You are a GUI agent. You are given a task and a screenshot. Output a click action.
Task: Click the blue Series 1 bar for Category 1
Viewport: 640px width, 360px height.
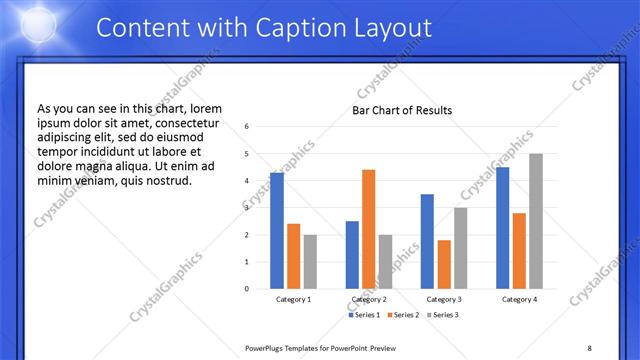coord(277,231)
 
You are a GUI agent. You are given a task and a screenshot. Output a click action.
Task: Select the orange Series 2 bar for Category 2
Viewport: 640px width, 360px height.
coord(368,229)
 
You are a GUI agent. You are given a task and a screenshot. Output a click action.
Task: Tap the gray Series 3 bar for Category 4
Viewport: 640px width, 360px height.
coord(536,221)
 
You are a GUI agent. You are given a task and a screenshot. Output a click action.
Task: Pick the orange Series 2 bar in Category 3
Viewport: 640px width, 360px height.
coord(444,264)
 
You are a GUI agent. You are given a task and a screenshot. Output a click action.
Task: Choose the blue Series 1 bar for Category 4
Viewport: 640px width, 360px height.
coord(502,228)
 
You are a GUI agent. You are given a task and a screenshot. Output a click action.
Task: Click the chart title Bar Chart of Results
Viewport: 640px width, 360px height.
coord(402,110)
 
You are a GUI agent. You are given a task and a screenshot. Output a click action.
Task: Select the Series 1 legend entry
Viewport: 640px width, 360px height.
coord(365,315)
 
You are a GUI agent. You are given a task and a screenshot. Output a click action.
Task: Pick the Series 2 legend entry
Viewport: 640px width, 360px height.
coord(404,315)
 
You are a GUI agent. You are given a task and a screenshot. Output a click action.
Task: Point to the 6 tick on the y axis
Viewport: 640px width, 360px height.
coord(247,127)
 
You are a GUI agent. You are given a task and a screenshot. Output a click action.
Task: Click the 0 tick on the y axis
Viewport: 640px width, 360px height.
coord(247,289)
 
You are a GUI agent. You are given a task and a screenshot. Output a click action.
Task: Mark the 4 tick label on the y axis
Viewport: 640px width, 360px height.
coord(247,181)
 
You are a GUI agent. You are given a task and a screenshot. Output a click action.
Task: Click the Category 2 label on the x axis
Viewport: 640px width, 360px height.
coord(369,299)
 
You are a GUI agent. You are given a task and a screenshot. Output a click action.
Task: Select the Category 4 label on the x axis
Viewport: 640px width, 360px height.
coord(519,299)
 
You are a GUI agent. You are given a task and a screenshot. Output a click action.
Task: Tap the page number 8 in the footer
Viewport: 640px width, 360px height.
coord(589,347)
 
